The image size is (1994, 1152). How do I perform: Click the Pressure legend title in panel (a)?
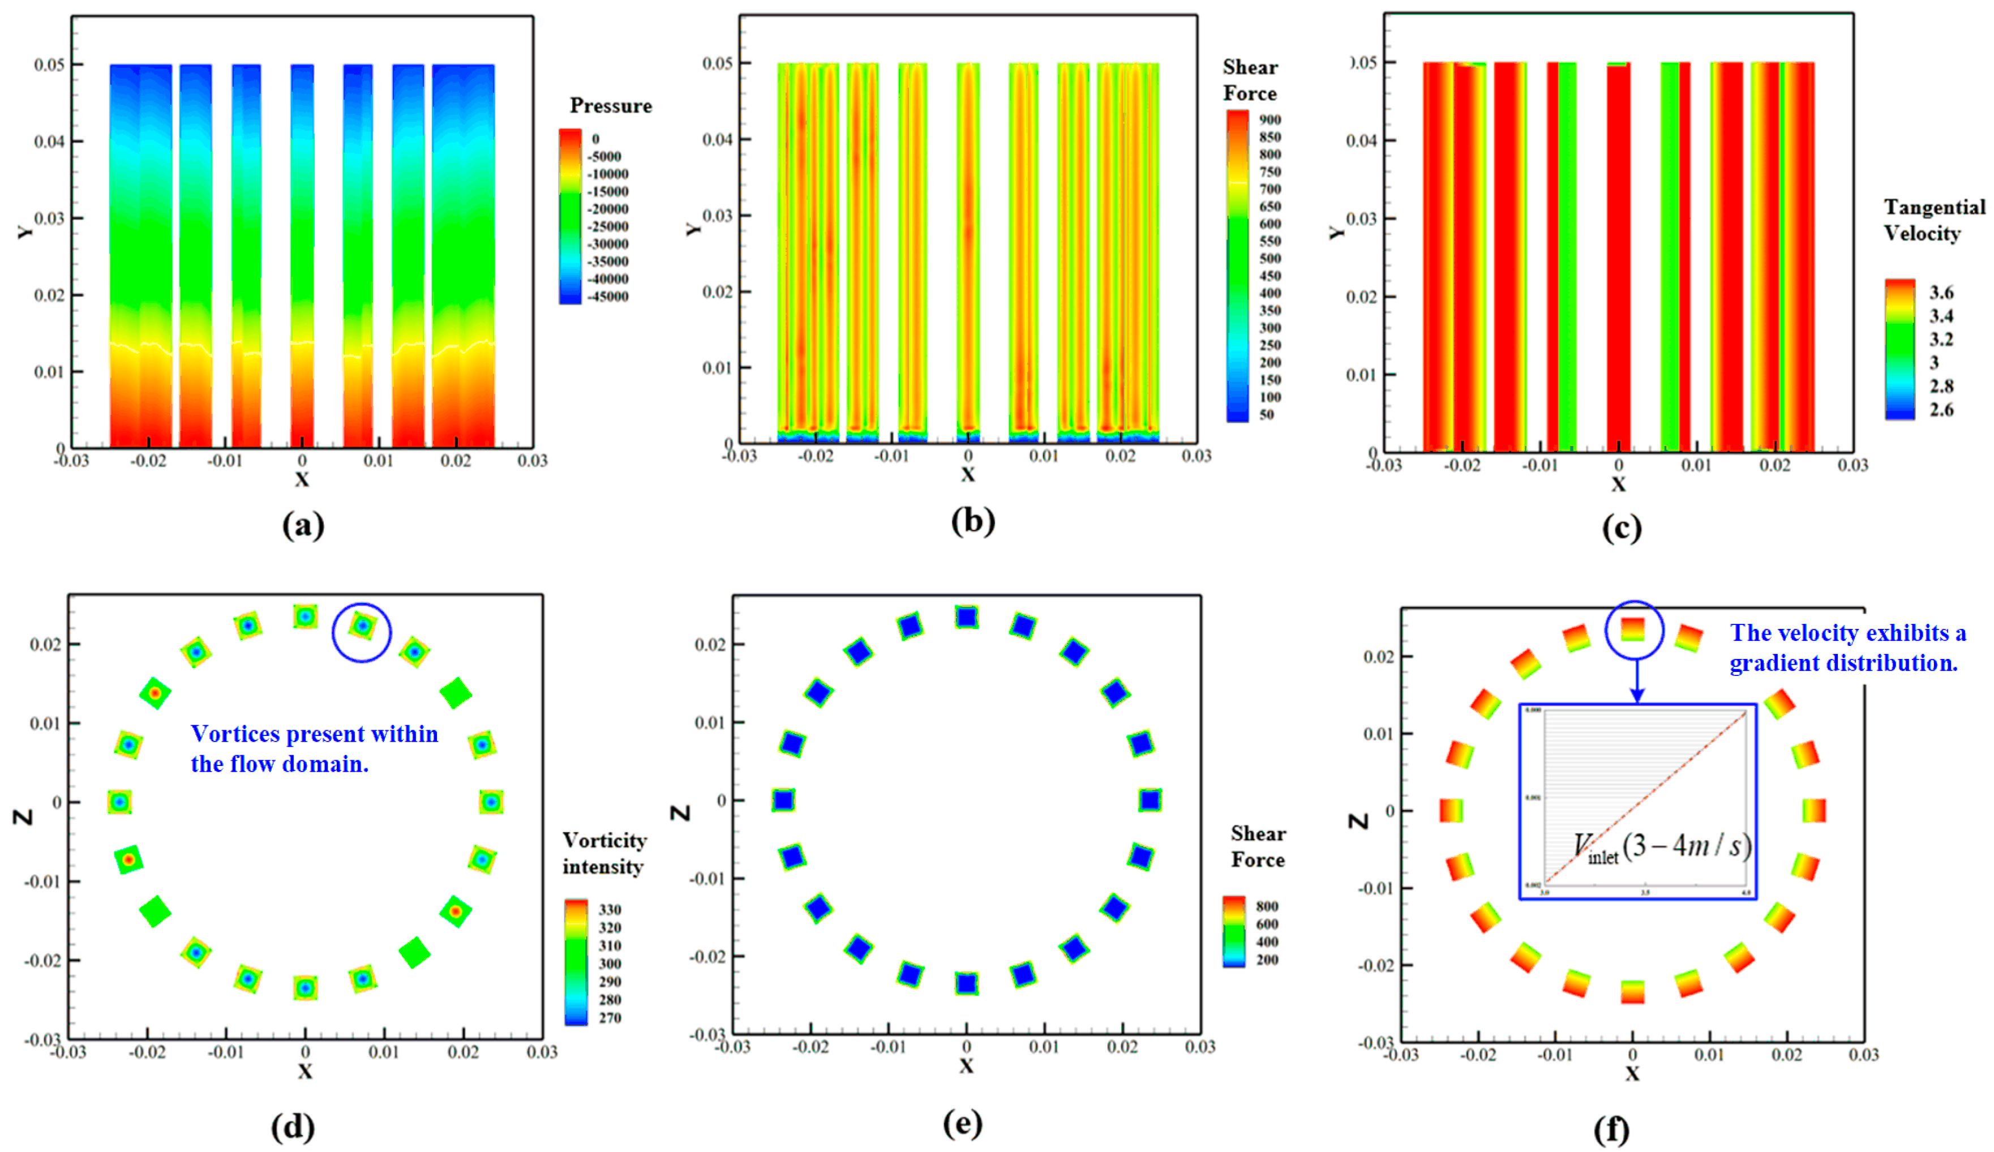pos(611,106)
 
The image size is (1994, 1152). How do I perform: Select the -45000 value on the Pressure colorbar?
pos(607,297)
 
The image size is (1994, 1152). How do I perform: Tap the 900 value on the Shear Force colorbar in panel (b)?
pos(1270,119)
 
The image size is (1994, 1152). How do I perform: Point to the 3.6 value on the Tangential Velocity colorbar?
pos(1941,293)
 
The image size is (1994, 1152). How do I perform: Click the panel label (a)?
pos(303,525)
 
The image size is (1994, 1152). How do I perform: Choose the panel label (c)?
pos(1622,529)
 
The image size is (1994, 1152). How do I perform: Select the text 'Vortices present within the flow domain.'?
pos(314,748)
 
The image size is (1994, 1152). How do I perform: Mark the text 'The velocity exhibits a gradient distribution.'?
pos(1847,647)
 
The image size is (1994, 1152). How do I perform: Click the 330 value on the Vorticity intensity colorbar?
pos(609,910)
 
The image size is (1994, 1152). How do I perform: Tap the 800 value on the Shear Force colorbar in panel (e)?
pos(1266,906)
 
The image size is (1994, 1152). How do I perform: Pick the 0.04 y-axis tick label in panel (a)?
pos(49,142)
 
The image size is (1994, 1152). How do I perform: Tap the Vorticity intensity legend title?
pos(604,854)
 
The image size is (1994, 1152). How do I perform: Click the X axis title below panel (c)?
pos(1618,484)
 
